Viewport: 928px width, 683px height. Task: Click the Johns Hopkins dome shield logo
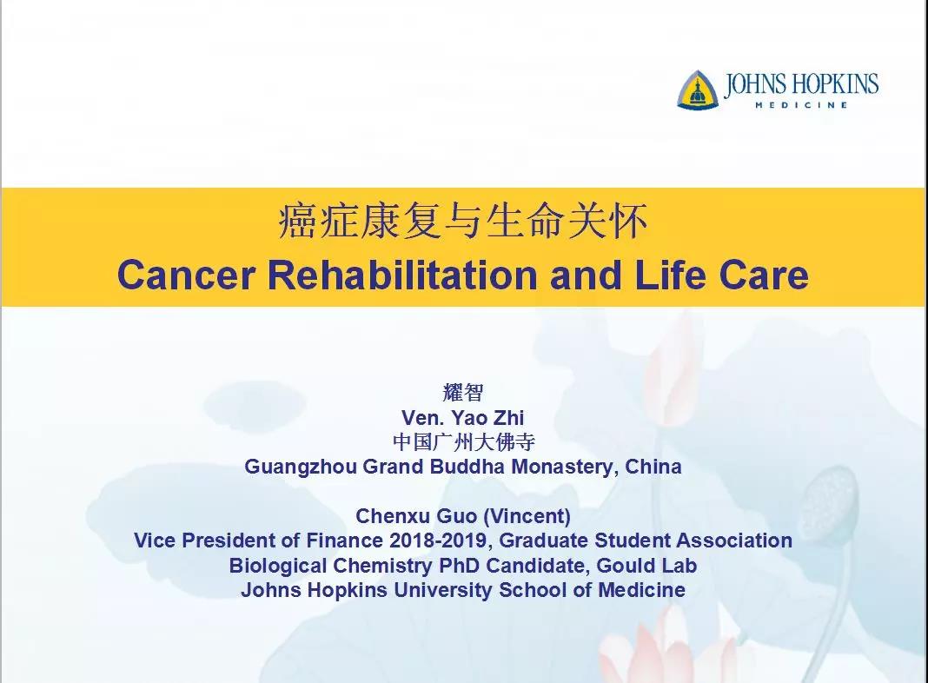[x=698, y=90]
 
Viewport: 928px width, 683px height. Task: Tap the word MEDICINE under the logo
[x=801, y=105]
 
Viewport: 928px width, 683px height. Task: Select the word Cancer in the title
[x=187, y=275]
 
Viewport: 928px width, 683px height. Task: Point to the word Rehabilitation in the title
[x=402, y=275]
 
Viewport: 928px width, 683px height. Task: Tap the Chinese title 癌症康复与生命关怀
[x=463, y=222]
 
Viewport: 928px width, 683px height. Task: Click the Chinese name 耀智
[x=463, y=392]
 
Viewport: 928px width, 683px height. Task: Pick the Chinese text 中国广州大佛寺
[x=463, y=441]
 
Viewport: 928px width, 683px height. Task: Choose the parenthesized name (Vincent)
[x=527, y=516]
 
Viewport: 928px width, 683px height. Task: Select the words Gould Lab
[x=646, y=565]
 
